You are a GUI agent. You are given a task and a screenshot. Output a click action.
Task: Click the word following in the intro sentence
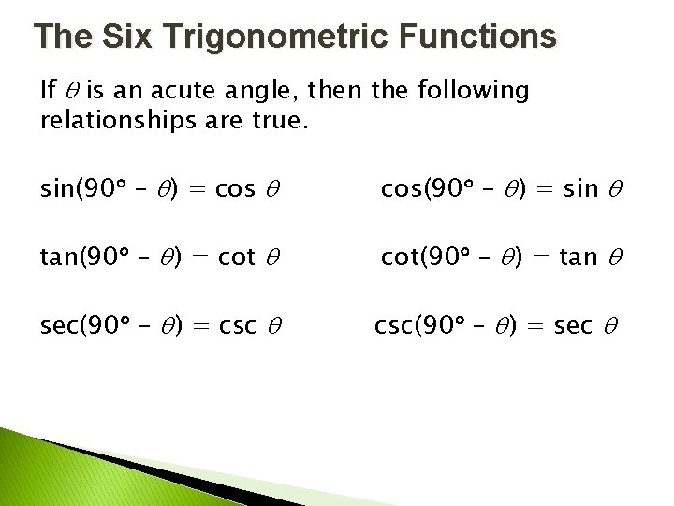point(474,92)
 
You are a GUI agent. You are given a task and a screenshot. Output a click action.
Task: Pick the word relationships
point(121,122)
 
